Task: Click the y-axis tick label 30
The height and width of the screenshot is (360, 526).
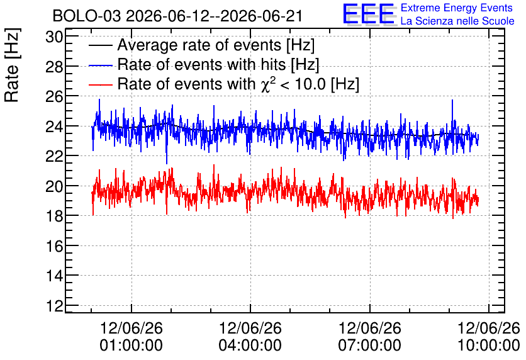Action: coord(54,37)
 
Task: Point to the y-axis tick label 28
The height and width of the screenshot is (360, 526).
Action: coord(54,67)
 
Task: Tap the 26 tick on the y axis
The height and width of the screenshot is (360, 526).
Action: coord(54,97)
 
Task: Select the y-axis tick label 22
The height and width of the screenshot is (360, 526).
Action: coord(54,156)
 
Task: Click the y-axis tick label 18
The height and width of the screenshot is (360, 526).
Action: coord(54,216)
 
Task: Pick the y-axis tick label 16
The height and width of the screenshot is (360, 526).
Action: coord(54,246)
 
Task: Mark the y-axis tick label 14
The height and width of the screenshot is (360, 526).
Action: coord(54,276)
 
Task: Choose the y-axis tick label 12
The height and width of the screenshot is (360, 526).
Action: coord(54,306)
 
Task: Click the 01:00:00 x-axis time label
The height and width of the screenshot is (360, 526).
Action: coord(131,345)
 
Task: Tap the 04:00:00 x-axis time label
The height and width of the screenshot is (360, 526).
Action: coord(250,345)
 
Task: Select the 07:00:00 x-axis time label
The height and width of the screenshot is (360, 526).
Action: coord(370,345)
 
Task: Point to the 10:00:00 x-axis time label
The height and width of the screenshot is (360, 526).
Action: coord(489,345)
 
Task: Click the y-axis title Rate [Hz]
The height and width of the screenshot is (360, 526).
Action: coord(12,65)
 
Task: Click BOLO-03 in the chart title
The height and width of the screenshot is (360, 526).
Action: coord(87,16)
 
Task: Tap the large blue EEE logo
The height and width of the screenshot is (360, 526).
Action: coord(369,14)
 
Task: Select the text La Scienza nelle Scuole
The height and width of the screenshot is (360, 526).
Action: coord(457,21)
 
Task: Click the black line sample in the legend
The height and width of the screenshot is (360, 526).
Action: coord(100,46)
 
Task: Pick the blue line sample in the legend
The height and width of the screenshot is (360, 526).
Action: coord(100,65)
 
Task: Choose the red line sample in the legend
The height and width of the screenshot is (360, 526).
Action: coord(100,84)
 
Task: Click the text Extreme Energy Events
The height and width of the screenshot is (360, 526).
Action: coord(457,8)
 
